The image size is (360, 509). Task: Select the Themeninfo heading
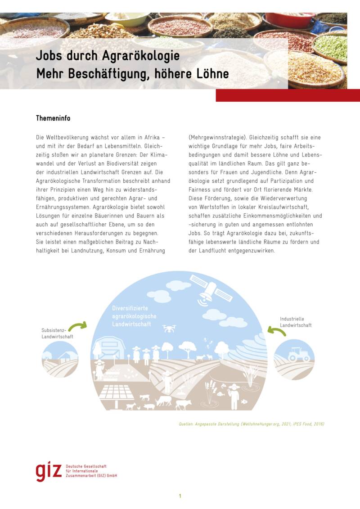coord(53,118)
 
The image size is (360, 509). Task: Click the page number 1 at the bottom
coord(180,496)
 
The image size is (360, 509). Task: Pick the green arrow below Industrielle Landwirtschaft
coord(276,332)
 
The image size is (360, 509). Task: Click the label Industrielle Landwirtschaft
coord(295,322)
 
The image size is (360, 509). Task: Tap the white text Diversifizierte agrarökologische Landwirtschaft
coord(134,316)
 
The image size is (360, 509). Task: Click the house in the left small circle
coord(64,356)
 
